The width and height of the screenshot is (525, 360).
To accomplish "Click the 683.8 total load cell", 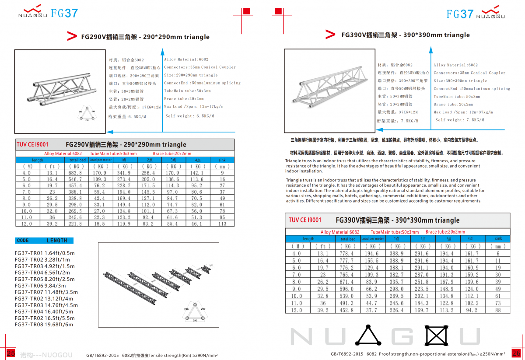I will click(76, 173).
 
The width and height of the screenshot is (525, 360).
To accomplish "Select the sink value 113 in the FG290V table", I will click(222, 224).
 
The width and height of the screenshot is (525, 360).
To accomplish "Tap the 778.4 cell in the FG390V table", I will click(346, 253).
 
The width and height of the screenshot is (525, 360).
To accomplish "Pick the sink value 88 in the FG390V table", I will click(498, 310).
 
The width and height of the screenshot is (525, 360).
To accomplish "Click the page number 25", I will click(11, 353).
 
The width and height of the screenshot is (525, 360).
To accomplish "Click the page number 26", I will click(516, 353).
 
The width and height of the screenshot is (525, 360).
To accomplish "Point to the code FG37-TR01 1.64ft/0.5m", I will click(45, 253).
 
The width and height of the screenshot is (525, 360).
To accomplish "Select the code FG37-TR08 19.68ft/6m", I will click(44, 325).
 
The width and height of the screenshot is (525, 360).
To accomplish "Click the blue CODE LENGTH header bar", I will click(44, 241).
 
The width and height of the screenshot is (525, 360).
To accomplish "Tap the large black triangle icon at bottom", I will click(368, 336).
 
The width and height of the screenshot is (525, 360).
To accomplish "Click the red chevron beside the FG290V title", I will click(72, 36).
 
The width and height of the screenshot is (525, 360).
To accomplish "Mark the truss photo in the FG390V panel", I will click(328, 91).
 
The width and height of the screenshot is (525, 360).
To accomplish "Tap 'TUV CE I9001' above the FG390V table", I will click(305, 220).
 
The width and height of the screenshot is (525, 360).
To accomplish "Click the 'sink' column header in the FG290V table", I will click(222, 160).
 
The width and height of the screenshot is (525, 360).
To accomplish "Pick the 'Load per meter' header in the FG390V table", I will click(373, 239).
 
